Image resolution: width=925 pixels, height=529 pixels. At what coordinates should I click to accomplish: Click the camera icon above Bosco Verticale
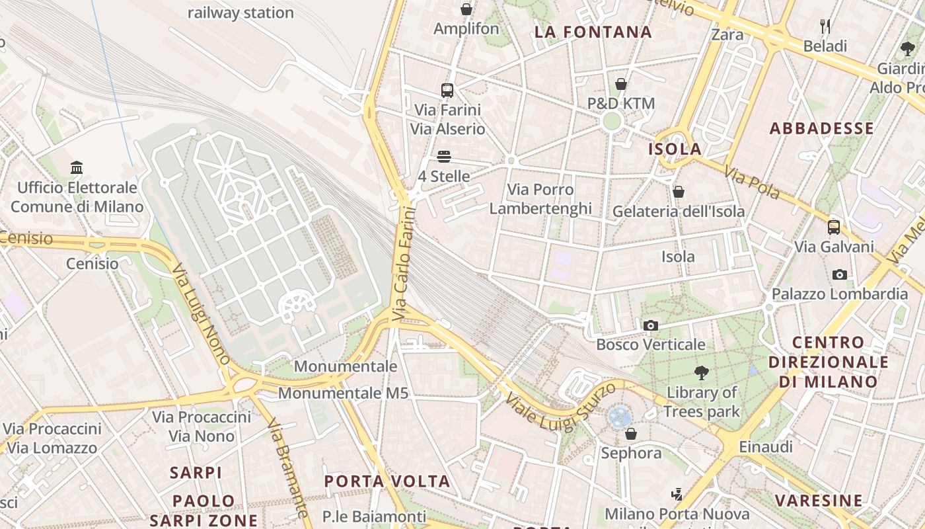click(x=651, y=325)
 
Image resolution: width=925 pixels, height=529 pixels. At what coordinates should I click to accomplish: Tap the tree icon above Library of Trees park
click(x=701, y=373)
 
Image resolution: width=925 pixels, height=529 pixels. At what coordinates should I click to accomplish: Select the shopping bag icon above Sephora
click(x=631, y=434)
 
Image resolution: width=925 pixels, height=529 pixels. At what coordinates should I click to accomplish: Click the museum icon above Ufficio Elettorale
click(x=77, y=168)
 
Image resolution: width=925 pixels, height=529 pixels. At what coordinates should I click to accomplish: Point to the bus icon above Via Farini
click(x=447, y=90)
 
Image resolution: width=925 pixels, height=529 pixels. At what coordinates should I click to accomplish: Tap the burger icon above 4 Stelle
click(x=444, y=157)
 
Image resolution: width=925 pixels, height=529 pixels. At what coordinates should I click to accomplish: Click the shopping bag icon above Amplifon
click(x=466, y=9)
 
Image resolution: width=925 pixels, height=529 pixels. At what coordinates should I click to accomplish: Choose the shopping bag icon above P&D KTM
click(x=621, y=84)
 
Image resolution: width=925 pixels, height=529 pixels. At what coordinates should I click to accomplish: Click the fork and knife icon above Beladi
click(x=825, y=26)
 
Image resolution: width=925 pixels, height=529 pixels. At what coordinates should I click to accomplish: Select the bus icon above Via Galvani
click(x=834, y=227)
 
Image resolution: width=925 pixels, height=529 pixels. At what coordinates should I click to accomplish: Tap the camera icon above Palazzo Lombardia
click(x=840, y=274)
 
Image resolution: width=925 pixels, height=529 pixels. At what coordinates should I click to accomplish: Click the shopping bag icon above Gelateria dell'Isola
click(x=679, y=192)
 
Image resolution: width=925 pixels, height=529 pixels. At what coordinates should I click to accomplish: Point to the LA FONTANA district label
click(x=593, y=32)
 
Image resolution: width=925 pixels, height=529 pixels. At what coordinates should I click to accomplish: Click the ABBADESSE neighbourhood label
click(x=822, y=128)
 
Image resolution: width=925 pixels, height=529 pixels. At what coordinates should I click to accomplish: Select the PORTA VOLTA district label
click(x=387, y=481)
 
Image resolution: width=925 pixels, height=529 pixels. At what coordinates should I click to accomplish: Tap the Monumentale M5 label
click(x=343, y=393)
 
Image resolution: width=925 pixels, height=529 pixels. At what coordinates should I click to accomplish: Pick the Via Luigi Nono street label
click(x=201, y=314)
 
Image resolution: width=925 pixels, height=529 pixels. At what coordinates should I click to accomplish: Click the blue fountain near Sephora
click(x=620, y=416)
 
